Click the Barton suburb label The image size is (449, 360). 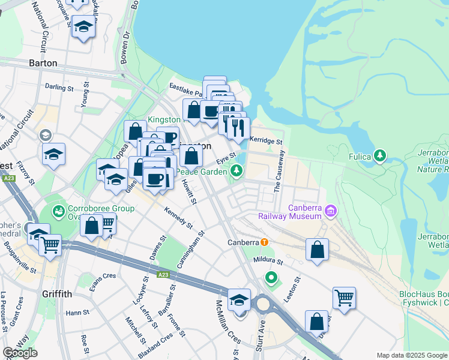coord(43,63)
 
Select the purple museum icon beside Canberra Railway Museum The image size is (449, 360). coord(331,211)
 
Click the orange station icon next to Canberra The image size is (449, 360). coord(264,242)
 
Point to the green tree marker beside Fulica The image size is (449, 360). coord(379,157)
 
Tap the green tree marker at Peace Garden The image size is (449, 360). coord(237,172)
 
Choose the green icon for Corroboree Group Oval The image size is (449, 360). coord(58,211)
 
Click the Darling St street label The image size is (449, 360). coord(59,88)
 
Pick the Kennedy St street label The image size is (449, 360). coord(178,218)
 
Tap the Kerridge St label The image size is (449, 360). coord(265,141)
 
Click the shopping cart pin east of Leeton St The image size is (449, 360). coord(344,298)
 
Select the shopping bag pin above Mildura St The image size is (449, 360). coord(317,250)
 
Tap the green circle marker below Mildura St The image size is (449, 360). coord(271,278)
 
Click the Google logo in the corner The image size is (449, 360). coord(20,353)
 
